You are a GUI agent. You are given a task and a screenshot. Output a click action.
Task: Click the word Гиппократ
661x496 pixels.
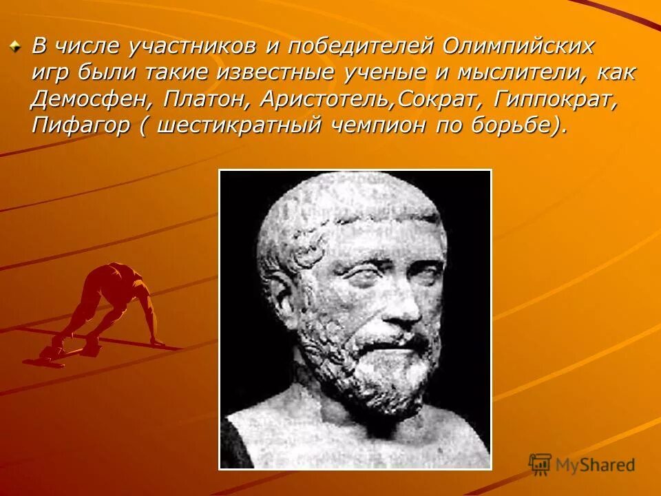tap(556, 99)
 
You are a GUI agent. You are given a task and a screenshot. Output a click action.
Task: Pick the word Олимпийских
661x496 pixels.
tap(518, 47)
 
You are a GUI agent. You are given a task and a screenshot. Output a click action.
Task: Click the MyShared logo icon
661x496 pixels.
tap(541, 465)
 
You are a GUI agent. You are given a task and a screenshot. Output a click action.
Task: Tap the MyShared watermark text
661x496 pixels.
tap(596, 465)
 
